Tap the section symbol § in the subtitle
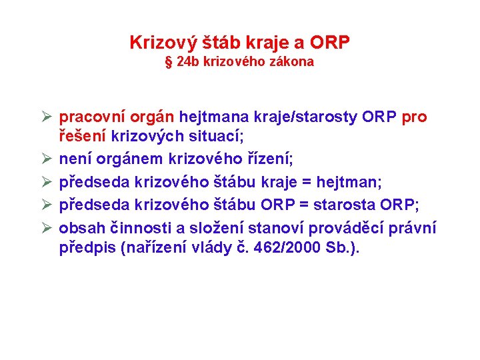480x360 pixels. point(169,62)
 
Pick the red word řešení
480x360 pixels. point(83,136)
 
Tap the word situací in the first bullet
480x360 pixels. point(216,136)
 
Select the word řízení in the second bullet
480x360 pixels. point(270,159)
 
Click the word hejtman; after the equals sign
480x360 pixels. point(349,182)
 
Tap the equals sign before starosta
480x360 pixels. point(304,205)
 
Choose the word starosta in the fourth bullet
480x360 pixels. point(345,205)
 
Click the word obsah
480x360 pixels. point(82,228)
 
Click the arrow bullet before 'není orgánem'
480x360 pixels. point(47,159)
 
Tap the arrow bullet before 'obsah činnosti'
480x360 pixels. point(47,228)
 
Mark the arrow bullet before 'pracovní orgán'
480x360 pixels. point(47,117)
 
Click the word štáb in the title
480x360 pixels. point(221,42)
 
